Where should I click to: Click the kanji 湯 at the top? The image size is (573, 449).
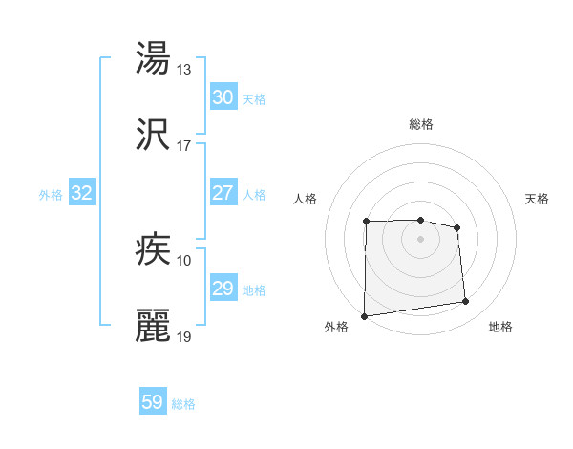[x=154, y=58]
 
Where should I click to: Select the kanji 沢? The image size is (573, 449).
[x=154, y=135]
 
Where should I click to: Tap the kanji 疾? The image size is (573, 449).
[x=154, y=249]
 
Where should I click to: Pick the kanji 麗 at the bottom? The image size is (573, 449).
[x=154, y=326]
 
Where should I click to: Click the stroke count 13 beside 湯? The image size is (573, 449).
[x=184, y=70]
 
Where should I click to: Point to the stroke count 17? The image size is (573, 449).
[x=184, y=146]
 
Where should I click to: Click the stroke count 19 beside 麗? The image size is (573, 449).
[x=184, y=337]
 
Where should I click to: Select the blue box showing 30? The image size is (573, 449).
[x=223, y=97]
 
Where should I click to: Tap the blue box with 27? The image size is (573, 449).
[x=223, y=193]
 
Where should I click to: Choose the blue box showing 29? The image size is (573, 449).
[x=223, y=289]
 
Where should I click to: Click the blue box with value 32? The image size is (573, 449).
[x=82, y=193]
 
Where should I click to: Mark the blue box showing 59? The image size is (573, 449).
[x=153, y=402]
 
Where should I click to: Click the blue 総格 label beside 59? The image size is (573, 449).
[x=183, y=404]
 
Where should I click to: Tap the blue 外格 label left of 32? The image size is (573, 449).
[x=51, y=195]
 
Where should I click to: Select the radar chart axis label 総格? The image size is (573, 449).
[x=421, y=124]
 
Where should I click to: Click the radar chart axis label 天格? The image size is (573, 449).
[x=538, y=199]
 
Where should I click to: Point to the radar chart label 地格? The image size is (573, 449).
[x=500, y=327]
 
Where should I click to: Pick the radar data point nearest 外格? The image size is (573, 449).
[x=364, y=315]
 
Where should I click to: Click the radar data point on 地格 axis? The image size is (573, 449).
[x=466, y=302]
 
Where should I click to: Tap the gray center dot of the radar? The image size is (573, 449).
[x=420, y=238]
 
